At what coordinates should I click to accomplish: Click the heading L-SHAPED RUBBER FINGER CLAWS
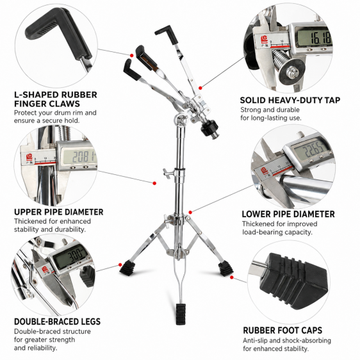[56, 99]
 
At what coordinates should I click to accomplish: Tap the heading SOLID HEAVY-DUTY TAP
[290, 101]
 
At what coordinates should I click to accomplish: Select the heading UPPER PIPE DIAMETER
[58, 212]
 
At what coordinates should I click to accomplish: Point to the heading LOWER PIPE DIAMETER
[288, 214]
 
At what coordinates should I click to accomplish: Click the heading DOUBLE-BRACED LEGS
[57, 322]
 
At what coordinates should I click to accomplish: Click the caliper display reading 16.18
[314, 37]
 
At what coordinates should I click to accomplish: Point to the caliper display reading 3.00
[71, 256]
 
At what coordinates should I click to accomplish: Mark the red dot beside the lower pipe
[190, 213]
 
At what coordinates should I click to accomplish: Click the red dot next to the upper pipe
[154, 183]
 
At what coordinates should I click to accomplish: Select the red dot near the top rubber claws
[131, 55]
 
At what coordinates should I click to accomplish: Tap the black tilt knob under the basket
[209, 128]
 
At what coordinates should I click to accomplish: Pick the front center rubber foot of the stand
[181, 314]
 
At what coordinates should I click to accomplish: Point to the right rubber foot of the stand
[225, 268]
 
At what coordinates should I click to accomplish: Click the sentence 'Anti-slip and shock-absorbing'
[287, 340]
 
